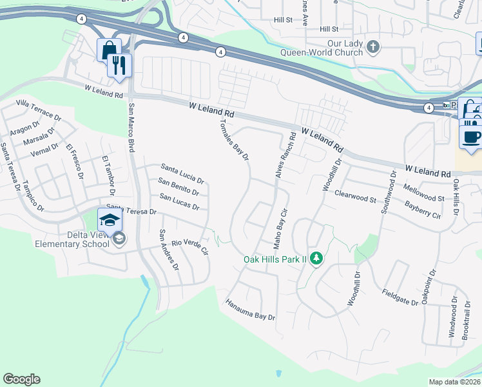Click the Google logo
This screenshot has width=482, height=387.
(21, 379)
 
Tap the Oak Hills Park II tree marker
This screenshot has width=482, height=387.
(316, 259)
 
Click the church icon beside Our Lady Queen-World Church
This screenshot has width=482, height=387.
(372, 47)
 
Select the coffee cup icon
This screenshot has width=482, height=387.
(471, 136)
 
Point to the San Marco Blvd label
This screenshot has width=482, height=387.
(131, 128)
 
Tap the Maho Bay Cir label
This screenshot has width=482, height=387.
(280, 228)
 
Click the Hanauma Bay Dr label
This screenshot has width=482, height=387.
(250, 309)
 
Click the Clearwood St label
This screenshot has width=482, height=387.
(354, 196)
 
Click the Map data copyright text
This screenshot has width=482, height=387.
(455, 382)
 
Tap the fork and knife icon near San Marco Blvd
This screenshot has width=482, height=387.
(119, 65)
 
